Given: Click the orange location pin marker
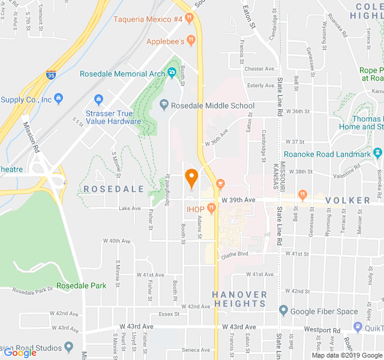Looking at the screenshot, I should click(191, 178).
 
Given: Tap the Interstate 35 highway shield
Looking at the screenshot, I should click(52, 76).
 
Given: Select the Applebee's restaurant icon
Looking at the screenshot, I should click(191, 41).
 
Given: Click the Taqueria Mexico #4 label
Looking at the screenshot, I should click(148, 19).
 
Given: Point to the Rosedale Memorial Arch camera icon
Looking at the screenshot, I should click(172, 74).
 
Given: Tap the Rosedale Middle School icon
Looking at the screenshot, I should click(164, 106).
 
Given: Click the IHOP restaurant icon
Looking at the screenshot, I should click(211, 208).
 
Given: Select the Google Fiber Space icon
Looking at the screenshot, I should click(283, 311).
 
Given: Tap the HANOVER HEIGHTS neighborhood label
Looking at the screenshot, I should click(239, 299).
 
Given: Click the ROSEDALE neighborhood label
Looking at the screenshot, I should click(114, 188).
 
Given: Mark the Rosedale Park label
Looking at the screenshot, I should click(81, 286).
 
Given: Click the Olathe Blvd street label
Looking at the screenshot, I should click(235, 254).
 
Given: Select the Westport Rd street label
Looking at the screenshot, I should click(322, 329).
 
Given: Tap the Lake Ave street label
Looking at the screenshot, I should click(130, 209).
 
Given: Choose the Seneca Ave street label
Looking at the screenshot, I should click(196, 350).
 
